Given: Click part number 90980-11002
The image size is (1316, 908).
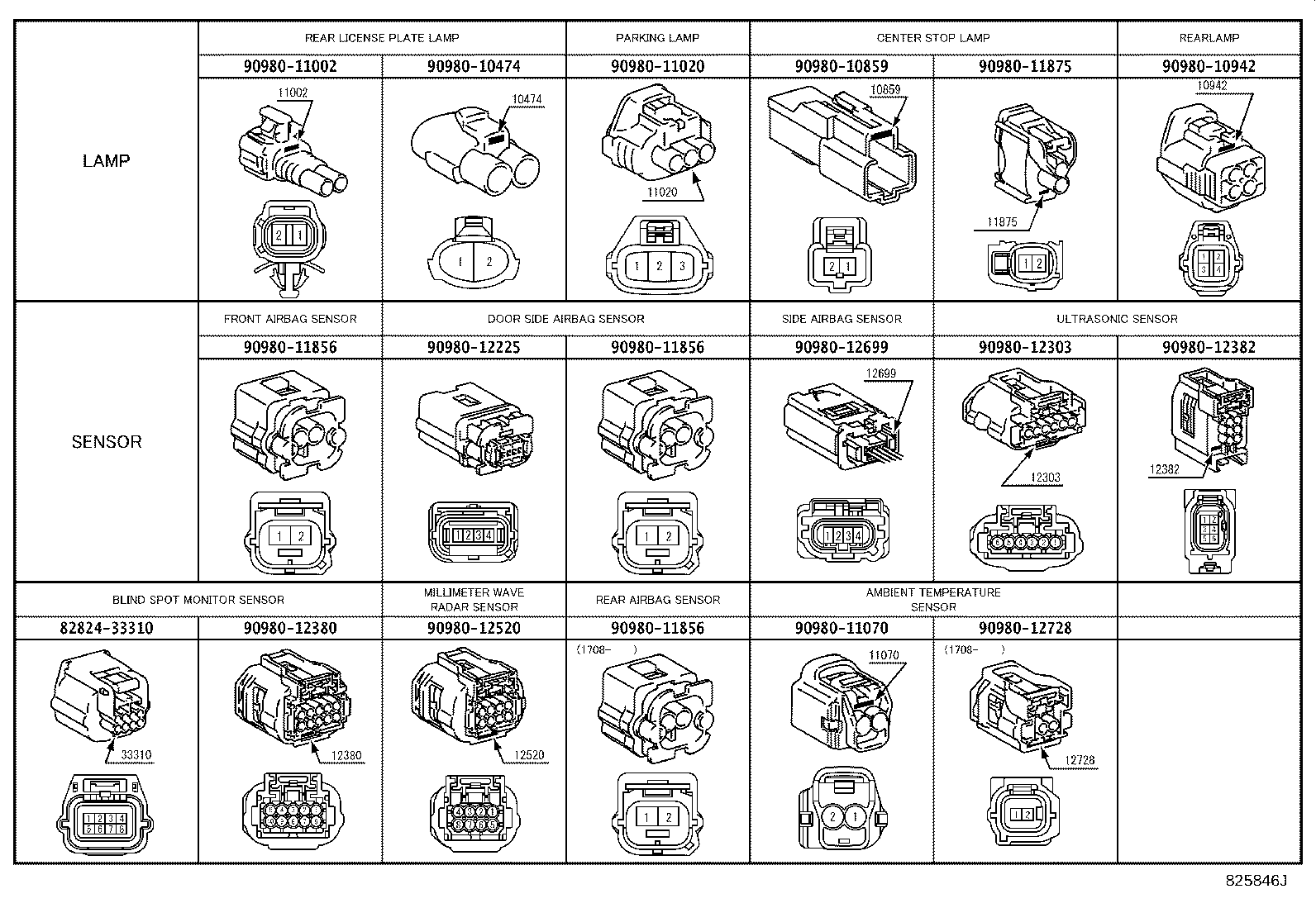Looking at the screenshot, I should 290,66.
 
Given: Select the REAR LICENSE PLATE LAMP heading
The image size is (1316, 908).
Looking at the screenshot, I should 382,38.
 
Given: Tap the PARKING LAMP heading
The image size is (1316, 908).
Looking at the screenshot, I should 657,38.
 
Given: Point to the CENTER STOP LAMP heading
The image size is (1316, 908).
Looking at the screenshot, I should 933,38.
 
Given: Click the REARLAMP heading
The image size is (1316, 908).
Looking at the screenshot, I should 1209,38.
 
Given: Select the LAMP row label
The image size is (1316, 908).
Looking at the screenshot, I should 107,160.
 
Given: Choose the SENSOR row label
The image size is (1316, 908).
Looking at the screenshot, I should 107,442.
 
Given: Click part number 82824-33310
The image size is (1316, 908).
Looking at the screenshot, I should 107,628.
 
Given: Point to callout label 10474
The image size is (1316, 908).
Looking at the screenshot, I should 527,99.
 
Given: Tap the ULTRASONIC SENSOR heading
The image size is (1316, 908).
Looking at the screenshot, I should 1117,319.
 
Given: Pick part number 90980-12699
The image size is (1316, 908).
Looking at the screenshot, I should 842,347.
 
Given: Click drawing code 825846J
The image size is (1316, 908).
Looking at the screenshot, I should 1256,881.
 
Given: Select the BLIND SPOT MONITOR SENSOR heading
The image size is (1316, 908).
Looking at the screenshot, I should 198,600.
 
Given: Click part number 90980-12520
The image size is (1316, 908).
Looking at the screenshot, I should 474,628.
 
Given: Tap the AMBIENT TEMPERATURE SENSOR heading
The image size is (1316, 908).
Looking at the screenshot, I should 933,600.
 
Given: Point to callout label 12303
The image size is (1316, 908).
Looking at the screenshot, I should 1045,478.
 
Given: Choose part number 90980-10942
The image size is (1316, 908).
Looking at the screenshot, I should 1209,66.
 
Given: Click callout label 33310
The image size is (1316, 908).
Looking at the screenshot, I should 136,755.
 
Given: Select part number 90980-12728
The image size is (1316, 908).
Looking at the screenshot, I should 1025,628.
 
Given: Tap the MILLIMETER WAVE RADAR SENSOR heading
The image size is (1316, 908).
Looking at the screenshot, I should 474,600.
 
